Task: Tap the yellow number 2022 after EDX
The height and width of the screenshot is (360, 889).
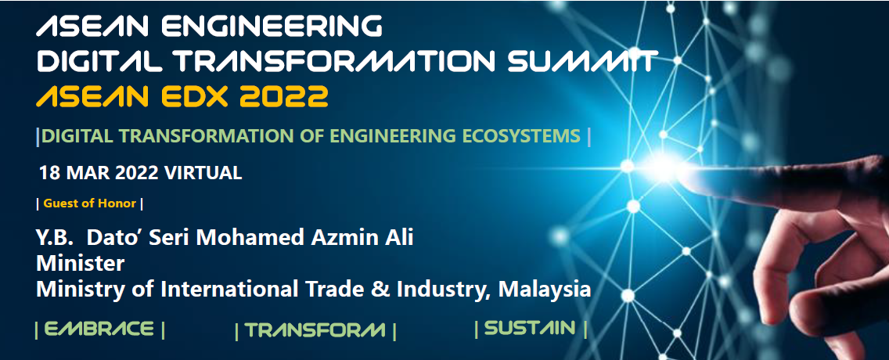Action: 284,95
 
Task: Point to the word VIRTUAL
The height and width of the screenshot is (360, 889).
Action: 203,173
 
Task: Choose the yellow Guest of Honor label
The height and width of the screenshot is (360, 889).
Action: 89,203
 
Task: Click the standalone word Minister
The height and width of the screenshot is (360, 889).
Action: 80,264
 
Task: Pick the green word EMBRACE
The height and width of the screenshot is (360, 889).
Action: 99,329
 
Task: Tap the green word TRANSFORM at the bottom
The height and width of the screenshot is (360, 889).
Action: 315,330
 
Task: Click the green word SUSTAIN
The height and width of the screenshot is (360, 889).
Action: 530,328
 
